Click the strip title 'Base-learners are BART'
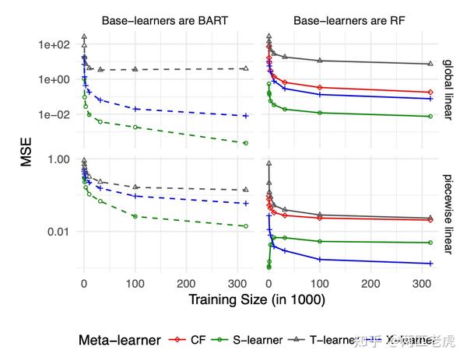tap(164, 21)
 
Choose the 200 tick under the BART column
tap(187, 284)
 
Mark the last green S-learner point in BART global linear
tap(246, 143)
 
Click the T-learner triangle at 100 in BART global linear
tap(135, 69)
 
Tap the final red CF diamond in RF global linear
tap(430, 93)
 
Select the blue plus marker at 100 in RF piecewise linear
tap(320, 259)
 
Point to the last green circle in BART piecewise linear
tap(246, 226)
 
